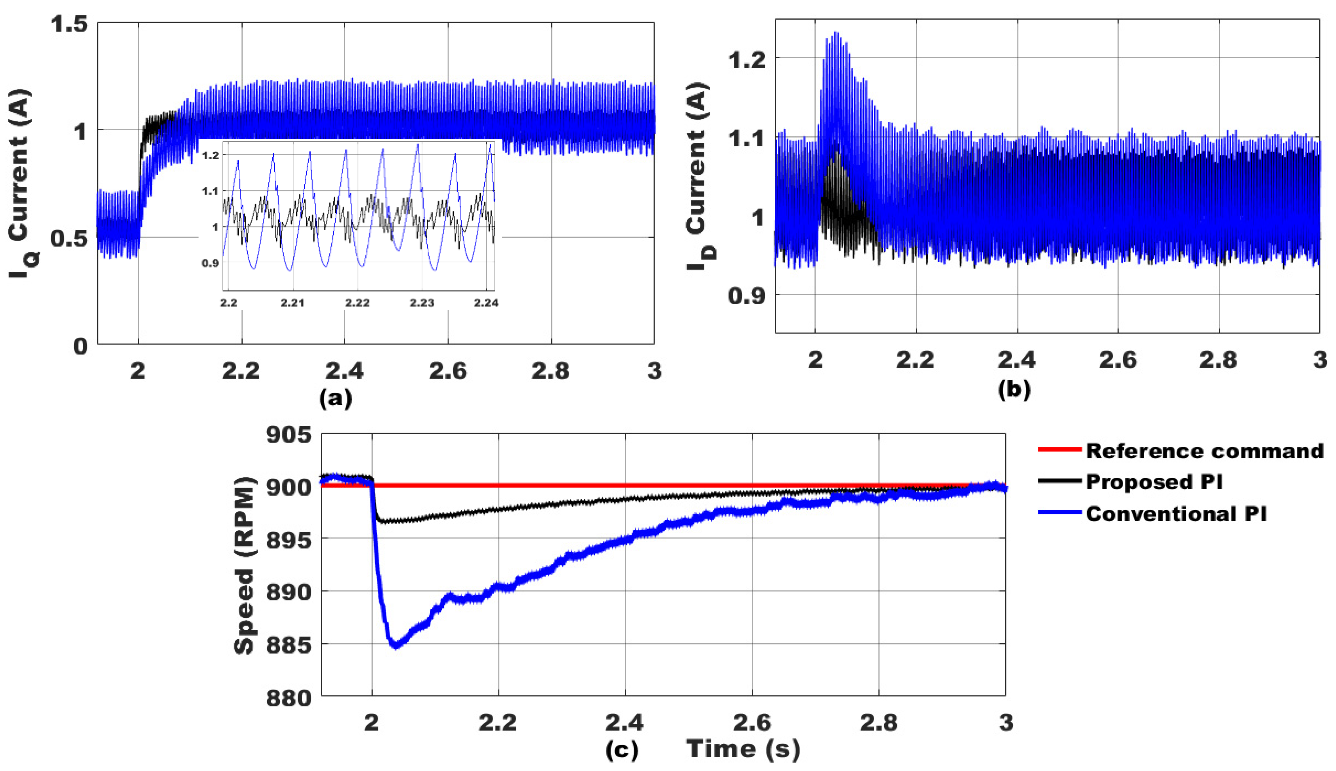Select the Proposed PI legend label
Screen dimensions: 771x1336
(x=1154, y=482)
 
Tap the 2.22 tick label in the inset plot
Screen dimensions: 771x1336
(x=357, y=303)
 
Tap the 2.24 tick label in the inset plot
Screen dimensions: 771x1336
(x=486, y=303)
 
